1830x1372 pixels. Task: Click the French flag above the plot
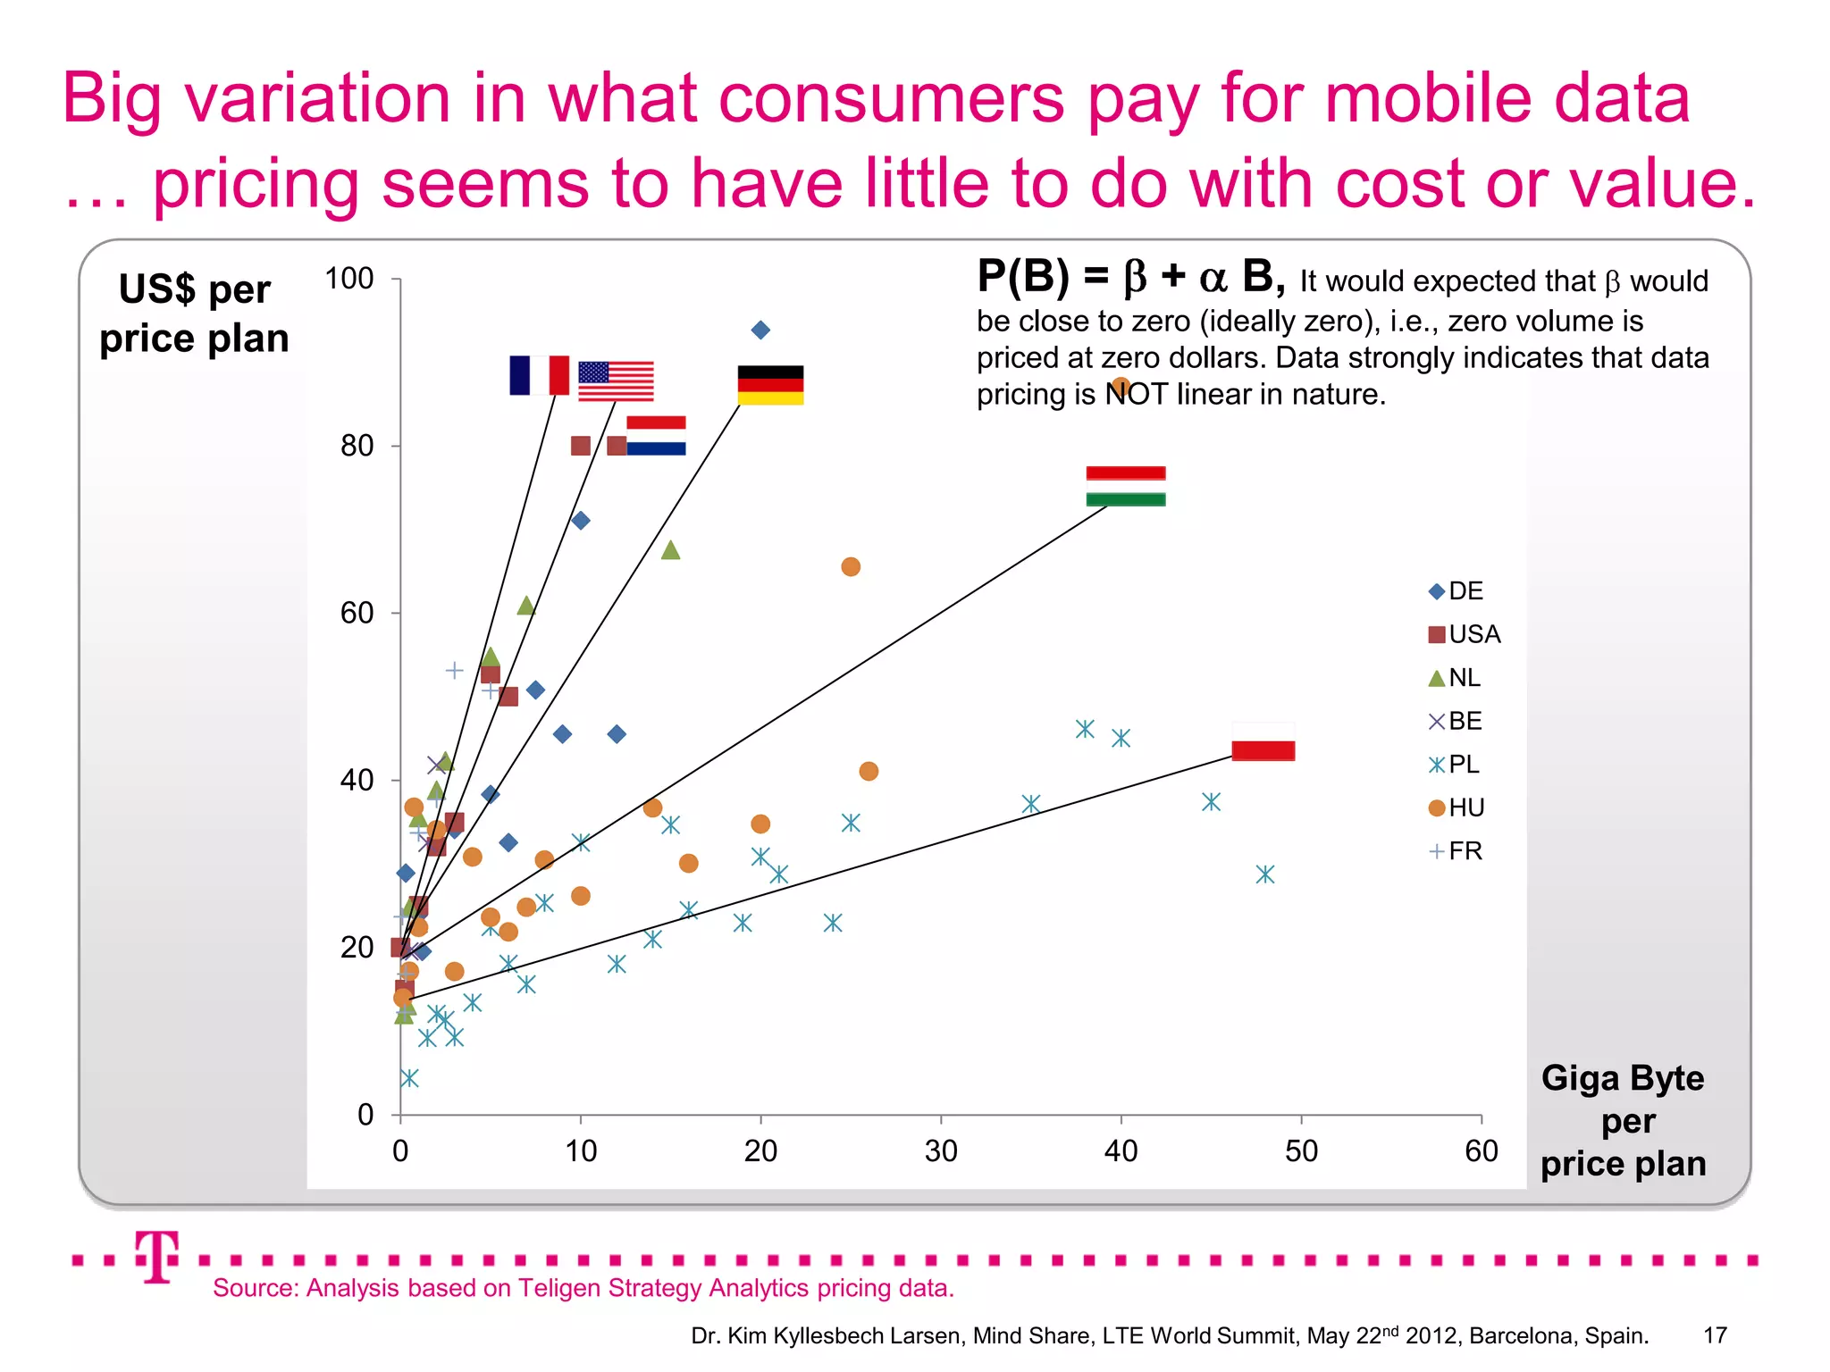[539, 375]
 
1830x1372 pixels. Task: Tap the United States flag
[616, 381]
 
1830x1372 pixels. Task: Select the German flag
[770, 385]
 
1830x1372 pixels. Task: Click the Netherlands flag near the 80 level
[656, 436]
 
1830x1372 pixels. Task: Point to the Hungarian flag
[1125, 486]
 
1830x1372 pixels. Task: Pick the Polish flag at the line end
[1263, 741]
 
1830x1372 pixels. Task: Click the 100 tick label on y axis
[348, 279]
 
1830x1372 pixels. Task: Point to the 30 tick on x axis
[941, 1150]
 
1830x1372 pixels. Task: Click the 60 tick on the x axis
[1481, 1150]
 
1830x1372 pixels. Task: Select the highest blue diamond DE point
[760, 330]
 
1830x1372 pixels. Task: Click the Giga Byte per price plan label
[1623, 1121]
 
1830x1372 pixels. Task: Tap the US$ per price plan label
[194, 314]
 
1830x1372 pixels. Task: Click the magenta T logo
[157, 1257]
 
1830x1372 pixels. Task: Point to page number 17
[1715, 1335]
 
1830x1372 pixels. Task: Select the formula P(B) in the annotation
[1022, 276]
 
